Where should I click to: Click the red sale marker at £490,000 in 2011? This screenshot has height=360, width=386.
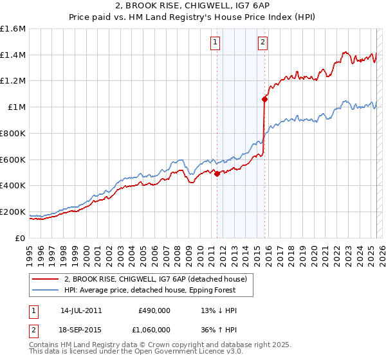click(217, 174)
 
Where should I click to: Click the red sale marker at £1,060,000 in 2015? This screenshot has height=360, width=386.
click(264, 99)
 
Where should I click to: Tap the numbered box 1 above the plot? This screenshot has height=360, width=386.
click(214, 43)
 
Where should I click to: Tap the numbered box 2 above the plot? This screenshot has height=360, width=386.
click(263, 43)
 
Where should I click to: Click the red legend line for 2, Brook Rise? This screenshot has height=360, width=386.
click(45, 279)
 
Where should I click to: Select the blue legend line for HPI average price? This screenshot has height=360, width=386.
click(45, 290)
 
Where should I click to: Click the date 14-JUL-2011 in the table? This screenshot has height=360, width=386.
click(81, 310)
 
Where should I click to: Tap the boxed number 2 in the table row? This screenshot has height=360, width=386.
click(33, 329)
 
